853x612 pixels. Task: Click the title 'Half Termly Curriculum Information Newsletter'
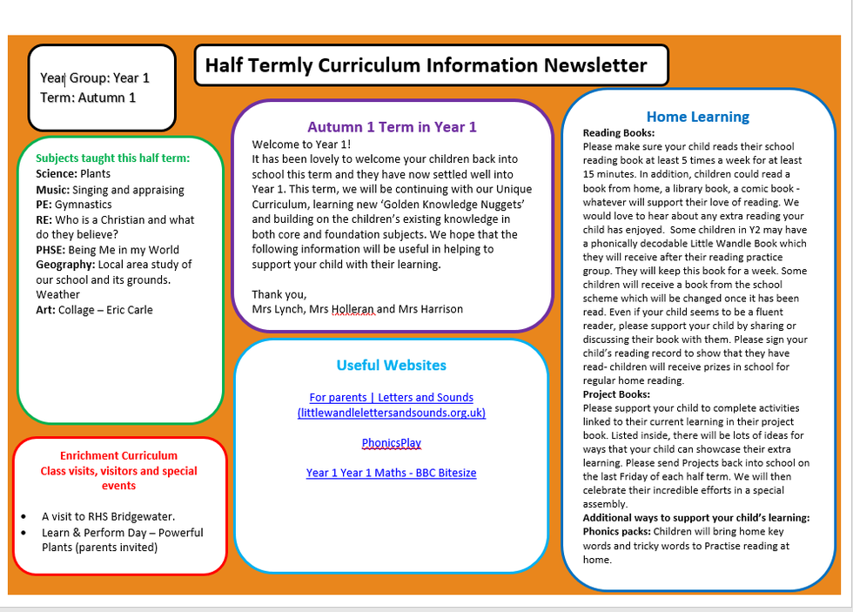coord(426,65)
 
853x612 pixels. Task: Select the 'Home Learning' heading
coord(697,117)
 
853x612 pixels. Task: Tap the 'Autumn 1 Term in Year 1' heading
coord(392,127)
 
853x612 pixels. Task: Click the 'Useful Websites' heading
coord(391,366)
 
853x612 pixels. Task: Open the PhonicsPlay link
coord(391,443)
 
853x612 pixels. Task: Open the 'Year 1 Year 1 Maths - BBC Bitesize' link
coord(391,473)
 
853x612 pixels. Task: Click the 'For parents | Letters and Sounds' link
coord(391,398)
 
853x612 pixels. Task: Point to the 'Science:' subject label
coord(56,174)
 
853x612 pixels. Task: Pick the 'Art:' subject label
coord(45,310)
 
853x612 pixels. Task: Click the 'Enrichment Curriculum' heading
coord(118,455)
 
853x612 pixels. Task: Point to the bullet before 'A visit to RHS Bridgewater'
coord(23,516)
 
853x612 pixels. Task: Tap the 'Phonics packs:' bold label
coord(615,532)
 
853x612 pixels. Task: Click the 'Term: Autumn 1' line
coord(88,98)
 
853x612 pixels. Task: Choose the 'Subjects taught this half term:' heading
coord(113,158)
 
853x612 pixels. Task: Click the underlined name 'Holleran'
coord(353,309)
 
